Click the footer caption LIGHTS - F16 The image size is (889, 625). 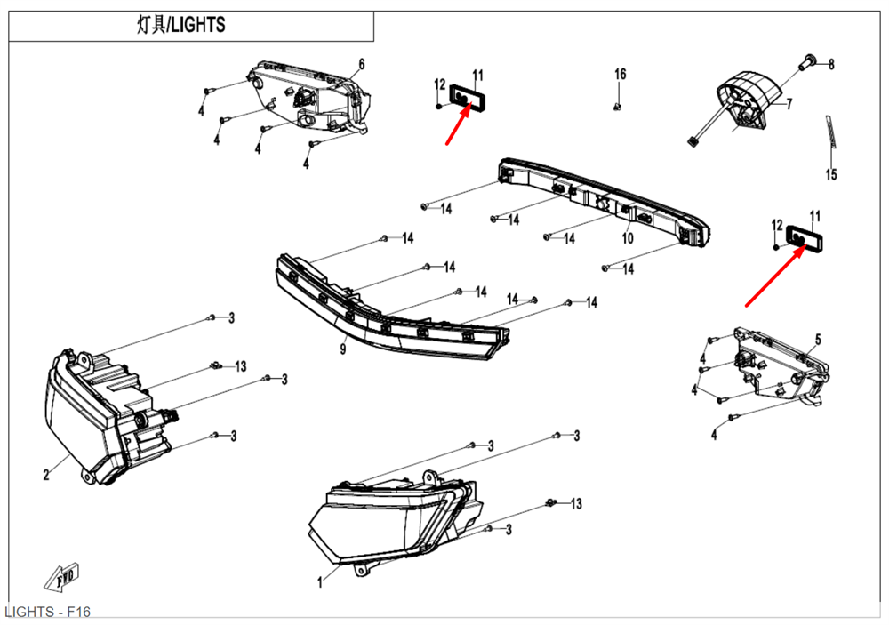click(x=47, y=613)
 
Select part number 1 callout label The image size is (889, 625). click(x=320, y=583)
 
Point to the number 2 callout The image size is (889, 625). click(x=46, y=475)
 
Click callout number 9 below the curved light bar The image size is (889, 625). click(x=342, y=349)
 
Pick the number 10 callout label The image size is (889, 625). click(x=627, y=238)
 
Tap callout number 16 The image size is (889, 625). click(x=621, y=74)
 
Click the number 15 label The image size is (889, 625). click(x=831, y=175)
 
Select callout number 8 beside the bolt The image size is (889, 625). click(x=831, y=64)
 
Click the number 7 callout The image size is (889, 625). click(x=789, y=104)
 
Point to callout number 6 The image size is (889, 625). click(x=362, y=64)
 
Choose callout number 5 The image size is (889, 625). click(x=818, y=339)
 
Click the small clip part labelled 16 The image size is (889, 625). click(x=617, y=107)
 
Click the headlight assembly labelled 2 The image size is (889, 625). click(x=102, y=408)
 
